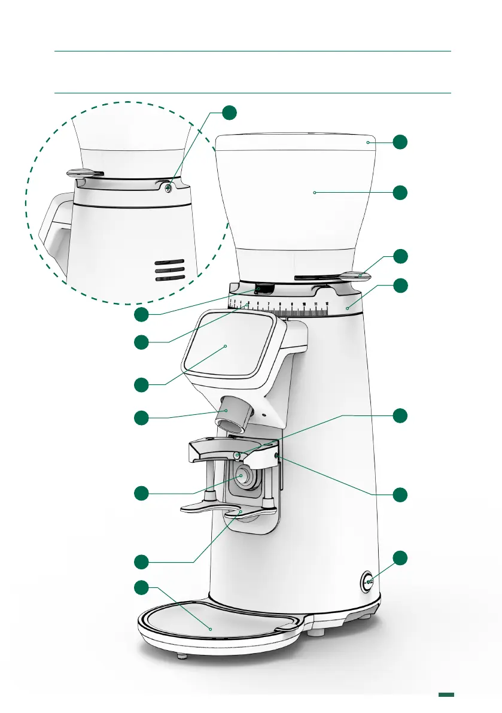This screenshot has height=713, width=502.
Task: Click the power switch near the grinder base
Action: [x=367, y=581]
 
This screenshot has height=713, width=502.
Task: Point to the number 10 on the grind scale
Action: [x=304, y=305]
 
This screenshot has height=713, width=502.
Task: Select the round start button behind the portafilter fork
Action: [x=244, y=475]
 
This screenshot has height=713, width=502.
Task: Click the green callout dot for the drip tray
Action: [x=141, y=588]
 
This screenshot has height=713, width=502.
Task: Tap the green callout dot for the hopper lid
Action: [x=401, y=142]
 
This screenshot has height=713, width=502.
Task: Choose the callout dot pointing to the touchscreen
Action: [x=141, y=385]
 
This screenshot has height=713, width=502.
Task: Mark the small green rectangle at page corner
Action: [x=446, y=694]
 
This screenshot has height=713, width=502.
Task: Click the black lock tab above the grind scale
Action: [x=264, y=290]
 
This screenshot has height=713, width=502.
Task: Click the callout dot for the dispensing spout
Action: [x=141, y=417]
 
